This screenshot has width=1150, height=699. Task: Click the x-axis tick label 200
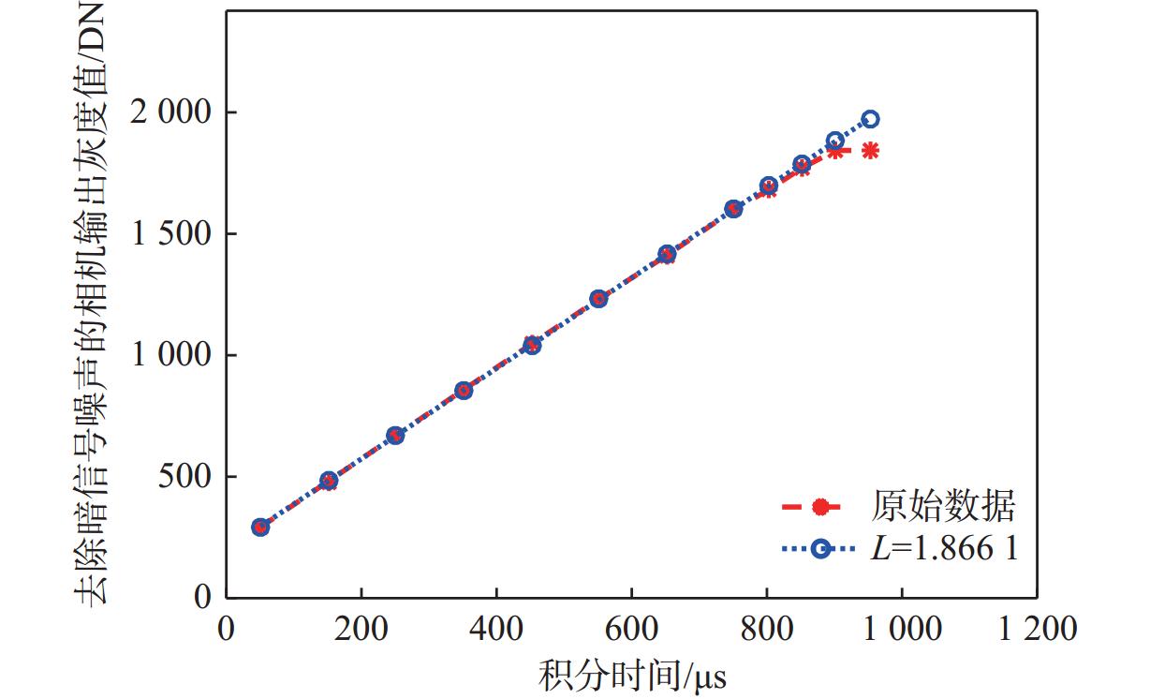[x=361, y=629]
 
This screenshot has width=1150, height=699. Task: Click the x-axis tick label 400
[x=495, y=629]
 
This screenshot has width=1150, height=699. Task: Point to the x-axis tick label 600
[x=631, y=629]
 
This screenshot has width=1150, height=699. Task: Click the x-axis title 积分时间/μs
[x=633, y=674]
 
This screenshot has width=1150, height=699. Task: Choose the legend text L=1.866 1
[x=945, y=549]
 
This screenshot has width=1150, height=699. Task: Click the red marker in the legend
[x=820, y=508]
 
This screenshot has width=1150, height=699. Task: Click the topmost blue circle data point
[x=871, y=119]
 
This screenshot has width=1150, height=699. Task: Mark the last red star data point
[x=871, y=150]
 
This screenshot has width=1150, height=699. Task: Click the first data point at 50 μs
[x=260, y=527]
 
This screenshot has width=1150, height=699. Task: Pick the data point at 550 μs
[x=598, y=299]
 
